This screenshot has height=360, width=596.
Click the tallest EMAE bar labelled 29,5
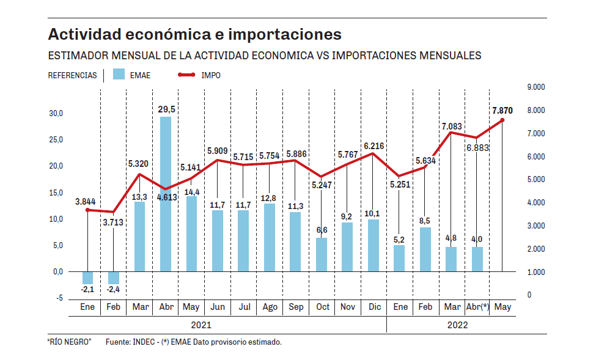pyautogui.click(x=165, y=194)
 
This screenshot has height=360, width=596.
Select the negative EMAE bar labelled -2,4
pyautogui.click(x=114, y=277)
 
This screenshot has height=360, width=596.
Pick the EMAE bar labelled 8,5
pyautogui.click(x=425, y=249)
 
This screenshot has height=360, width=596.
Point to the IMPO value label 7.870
pyautogui.click(x=502, y=111)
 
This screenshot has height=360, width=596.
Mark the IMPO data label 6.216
pyautogui.click(x=374, y=146)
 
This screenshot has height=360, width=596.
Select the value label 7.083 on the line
pyautogui.click(x=453, y=126)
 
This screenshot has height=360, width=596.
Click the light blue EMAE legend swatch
pyautogui.click(x=119, y=75)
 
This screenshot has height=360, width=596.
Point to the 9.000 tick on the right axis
pyautogui.click(x=535, y=87)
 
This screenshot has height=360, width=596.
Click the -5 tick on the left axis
pyautogui.click(x=59, y=298)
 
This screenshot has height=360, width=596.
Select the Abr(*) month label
pyautogui.click(x=477, y=307)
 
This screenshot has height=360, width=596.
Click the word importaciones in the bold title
pyautogui.click(x=281, y=34)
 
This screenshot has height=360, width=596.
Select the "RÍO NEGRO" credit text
pyautogui.click(x=69, y=342)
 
